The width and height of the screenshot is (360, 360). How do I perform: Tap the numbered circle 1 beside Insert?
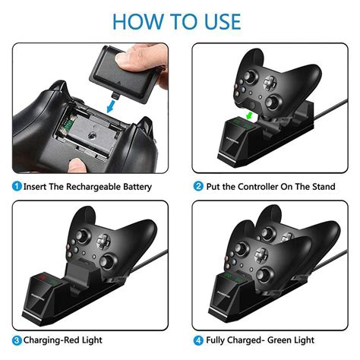coord(17,186)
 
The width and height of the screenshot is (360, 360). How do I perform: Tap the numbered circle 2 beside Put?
coord(198,186)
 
